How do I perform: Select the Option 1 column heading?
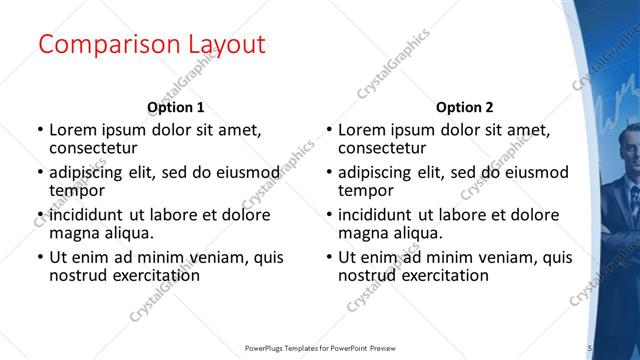tap(176, 107)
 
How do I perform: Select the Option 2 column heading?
tap(464, 107)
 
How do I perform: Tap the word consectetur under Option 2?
tap(384, 148)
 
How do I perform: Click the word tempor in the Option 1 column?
tap(77, 190)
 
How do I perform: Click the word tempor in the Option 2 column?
tap(366, 190)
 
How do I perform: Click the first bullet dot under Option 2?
tap(328, 130)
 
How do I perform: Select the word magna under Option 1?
tap(75, 233)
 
